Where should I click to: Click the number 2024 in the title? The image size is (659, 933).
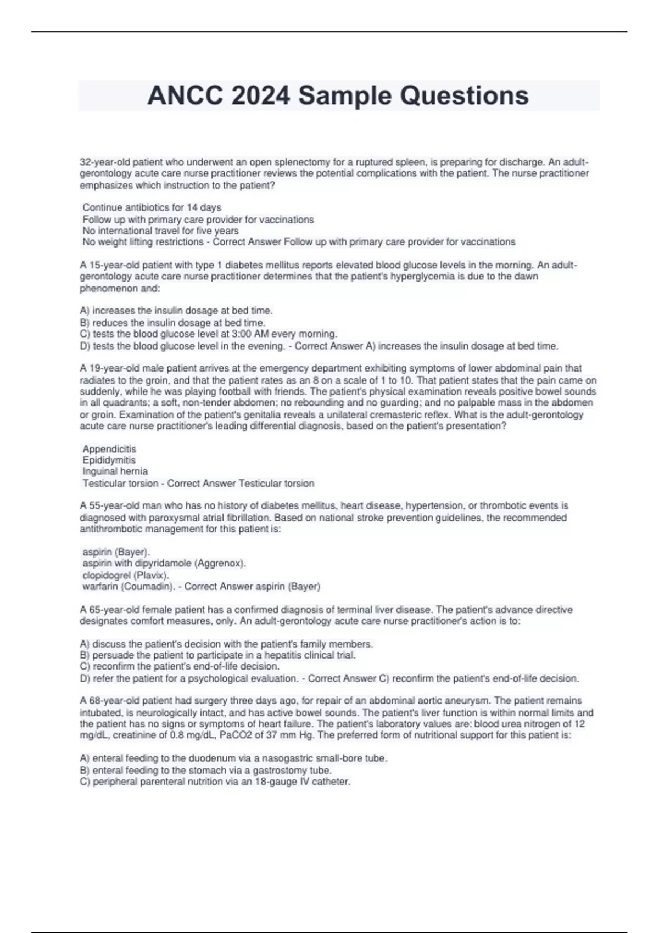coord(260,95)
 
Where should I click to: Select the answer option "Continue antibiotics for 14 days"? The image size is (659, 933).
coord(152,207)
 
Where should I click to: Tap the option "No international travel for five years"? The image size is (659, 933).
coord(160,231)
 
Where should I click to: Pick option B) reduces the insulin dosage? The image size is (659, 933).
coord(172,323)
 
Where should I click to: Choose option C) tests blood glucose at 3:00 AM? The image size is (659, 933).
coord(209,334)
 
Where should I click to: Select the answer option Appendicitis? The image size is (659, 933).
coord(109,449)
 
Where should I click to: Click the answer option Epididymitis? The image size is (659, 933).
coord(109,460)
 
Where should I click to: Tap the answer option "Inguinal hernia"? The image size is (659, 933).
coord(115,471)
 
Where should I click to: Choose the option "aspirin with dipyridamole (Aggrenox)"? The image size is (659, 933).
coord(164,563)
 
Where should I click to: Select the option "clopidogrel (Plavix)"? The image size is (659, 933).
coord(126,575)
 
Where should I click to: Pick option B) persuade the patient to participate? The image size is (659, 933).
coord(218,655)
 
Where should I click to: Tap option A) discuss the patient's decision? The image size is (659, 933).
coord(226,644)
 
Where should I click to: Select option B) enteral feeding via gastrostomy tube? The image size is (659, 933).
coord(205,770)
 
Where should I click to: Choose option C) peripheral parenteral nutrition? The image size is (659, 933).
coord(215,781)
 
